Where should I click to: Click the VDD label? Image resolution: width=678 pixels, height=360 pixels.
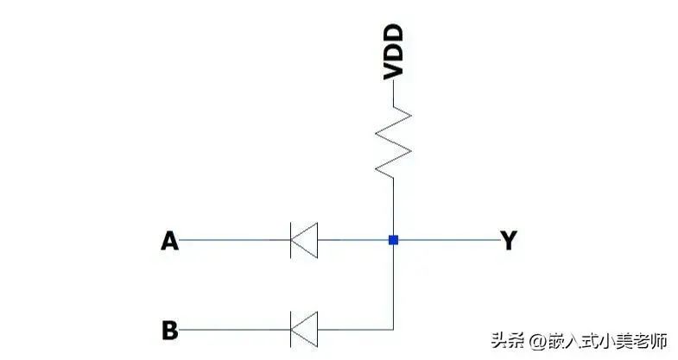(394, 53)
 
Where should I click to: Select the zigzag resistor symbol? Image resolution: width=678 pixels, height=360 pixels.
(394, 142)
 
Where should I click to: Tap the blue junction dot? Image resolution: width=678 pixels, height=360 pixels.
(394, 240)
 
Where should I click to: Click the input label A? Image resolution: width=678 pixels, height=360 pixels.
(169, 241)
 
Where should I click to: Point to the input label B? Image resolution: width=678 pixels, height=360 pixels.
(170, 330)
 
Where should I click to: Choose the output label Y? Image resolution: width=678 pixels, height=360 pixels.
(509, 240)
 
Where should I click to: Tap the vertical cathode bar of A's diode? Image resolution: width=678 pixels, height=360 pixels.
(290, 240)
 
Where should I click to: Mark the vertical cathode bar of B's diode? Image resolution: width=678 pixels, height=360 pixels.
(290, 329)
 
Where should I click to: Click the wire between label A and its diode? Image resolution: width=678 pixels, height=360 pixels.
(234, 240)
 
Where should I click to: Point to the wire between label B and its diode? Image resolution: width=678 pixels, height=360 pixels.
(234, 330)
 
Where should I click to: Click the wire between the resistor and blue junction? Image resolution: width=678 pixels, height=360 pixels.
(394, 206)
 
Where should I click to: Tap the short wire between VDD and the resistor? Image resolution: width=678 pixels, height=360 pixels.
(394, 93)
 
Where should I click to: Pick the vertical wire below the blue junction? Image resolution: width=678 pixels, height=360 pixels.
(394, 287)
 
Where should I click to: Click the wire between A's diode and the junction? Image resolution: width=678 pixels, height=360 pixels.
(353, 240)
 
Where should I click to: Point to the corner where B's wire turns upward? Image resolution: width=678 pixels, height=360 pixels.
(394, 330)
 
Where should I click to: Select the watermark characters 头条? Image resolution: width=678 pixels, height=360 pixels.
(508, 341)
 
